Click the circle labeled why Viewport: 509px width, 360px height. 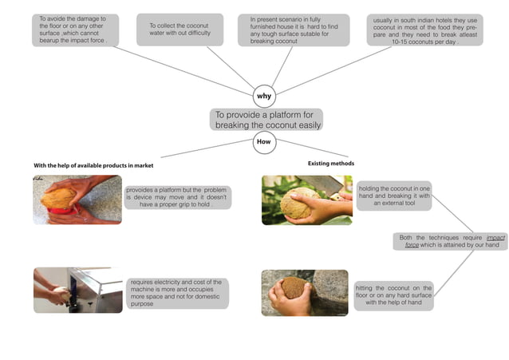click(x=264, y=96)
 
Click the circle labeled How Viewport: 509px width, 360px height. click(x=264, y=141)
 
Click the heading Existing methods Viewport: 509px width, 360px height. click(x=331, y=163)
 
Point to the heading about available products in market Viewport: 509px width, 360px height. click(x=93, y=165)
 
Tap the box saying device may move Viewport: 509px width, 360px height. click(x=177, y=197)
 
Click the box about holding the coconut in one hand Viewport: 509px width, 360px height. click(x=394, y=195)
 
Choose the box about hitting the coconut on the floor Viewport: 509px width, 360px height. click(x=394, y=295)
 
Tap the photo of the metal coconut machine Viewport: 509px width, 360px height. click(x=77, y=290)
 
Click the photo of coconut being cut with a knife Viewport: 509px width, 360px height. click(x=306, y=200)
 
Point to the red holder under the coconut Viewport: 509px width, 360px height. click(x=61, y=212)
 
